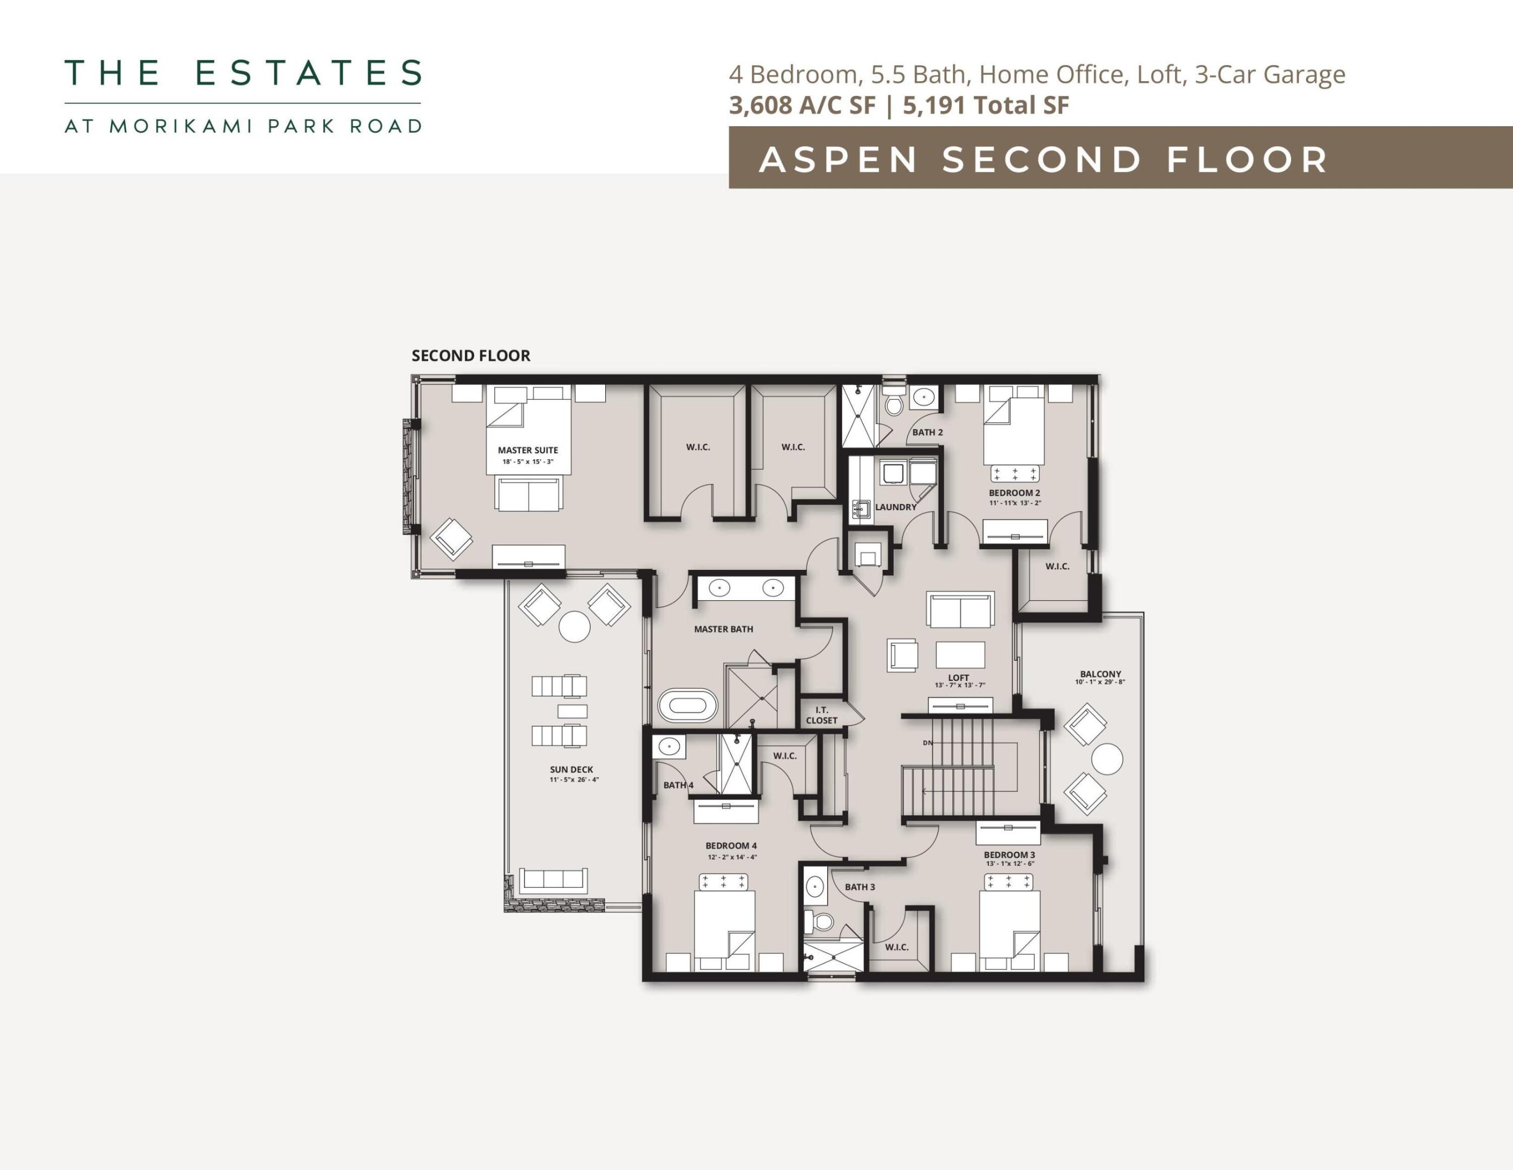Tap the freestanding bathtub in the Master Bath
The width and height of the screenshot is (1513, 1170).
[x=687, y=706]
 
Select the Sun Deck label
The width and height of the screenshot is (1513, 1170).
[x=572, y=769]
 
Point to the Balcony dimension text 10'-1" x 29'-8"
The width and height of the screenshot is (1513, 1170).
[x=1100, y=682]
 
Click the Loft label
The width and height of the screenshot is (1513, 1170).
[x=959, y=678]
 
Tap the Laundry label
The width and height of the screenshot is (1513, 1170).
[x=896, y=506]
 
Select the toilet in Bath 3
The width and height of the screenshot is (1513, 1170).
[x=823, y=922]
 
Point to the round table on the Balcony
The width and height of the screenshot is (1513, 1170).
[x=1106, y=759]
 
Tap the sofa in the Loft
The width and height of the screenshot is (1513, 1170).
[x=960, y=610]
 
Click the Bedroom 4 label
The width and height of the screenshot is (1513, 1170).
[x=731, y=846]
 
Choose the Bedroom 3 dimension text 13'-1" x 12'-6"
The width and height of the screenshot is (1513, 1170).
[x=1010, y=863]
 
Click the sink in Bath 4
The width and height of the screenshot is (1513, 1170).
[x=669, y=747]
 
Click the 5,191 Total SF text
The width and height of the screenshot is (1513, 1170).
[x=986, y=106]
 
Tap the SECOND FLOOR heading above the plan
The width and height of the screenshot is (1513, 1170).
[x=471, y=355]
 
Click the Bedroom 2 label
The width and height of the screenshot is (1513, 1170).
[x=1014, y=493]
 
